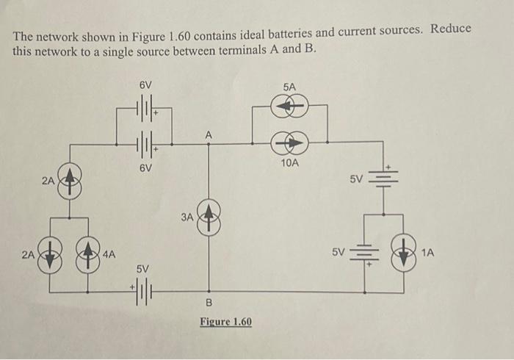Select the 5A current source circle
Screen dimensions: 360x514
coord(290,107)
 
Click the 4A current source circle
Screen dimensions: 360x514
coord(89,255)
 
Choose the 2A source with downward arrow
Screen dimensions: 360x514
coord(49,255)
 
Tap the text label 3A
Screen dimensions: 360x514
coord(187,217)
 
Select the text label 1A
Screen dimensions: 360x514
coord(429,253)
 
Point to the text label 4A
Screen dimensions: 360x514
coord(109,255)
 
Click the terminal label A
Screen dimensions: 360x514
coord(209,134)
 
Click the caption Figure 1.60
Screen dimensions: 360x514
coord(226,322)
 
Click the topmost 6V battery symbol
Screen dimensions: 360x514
coord(145,108)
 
